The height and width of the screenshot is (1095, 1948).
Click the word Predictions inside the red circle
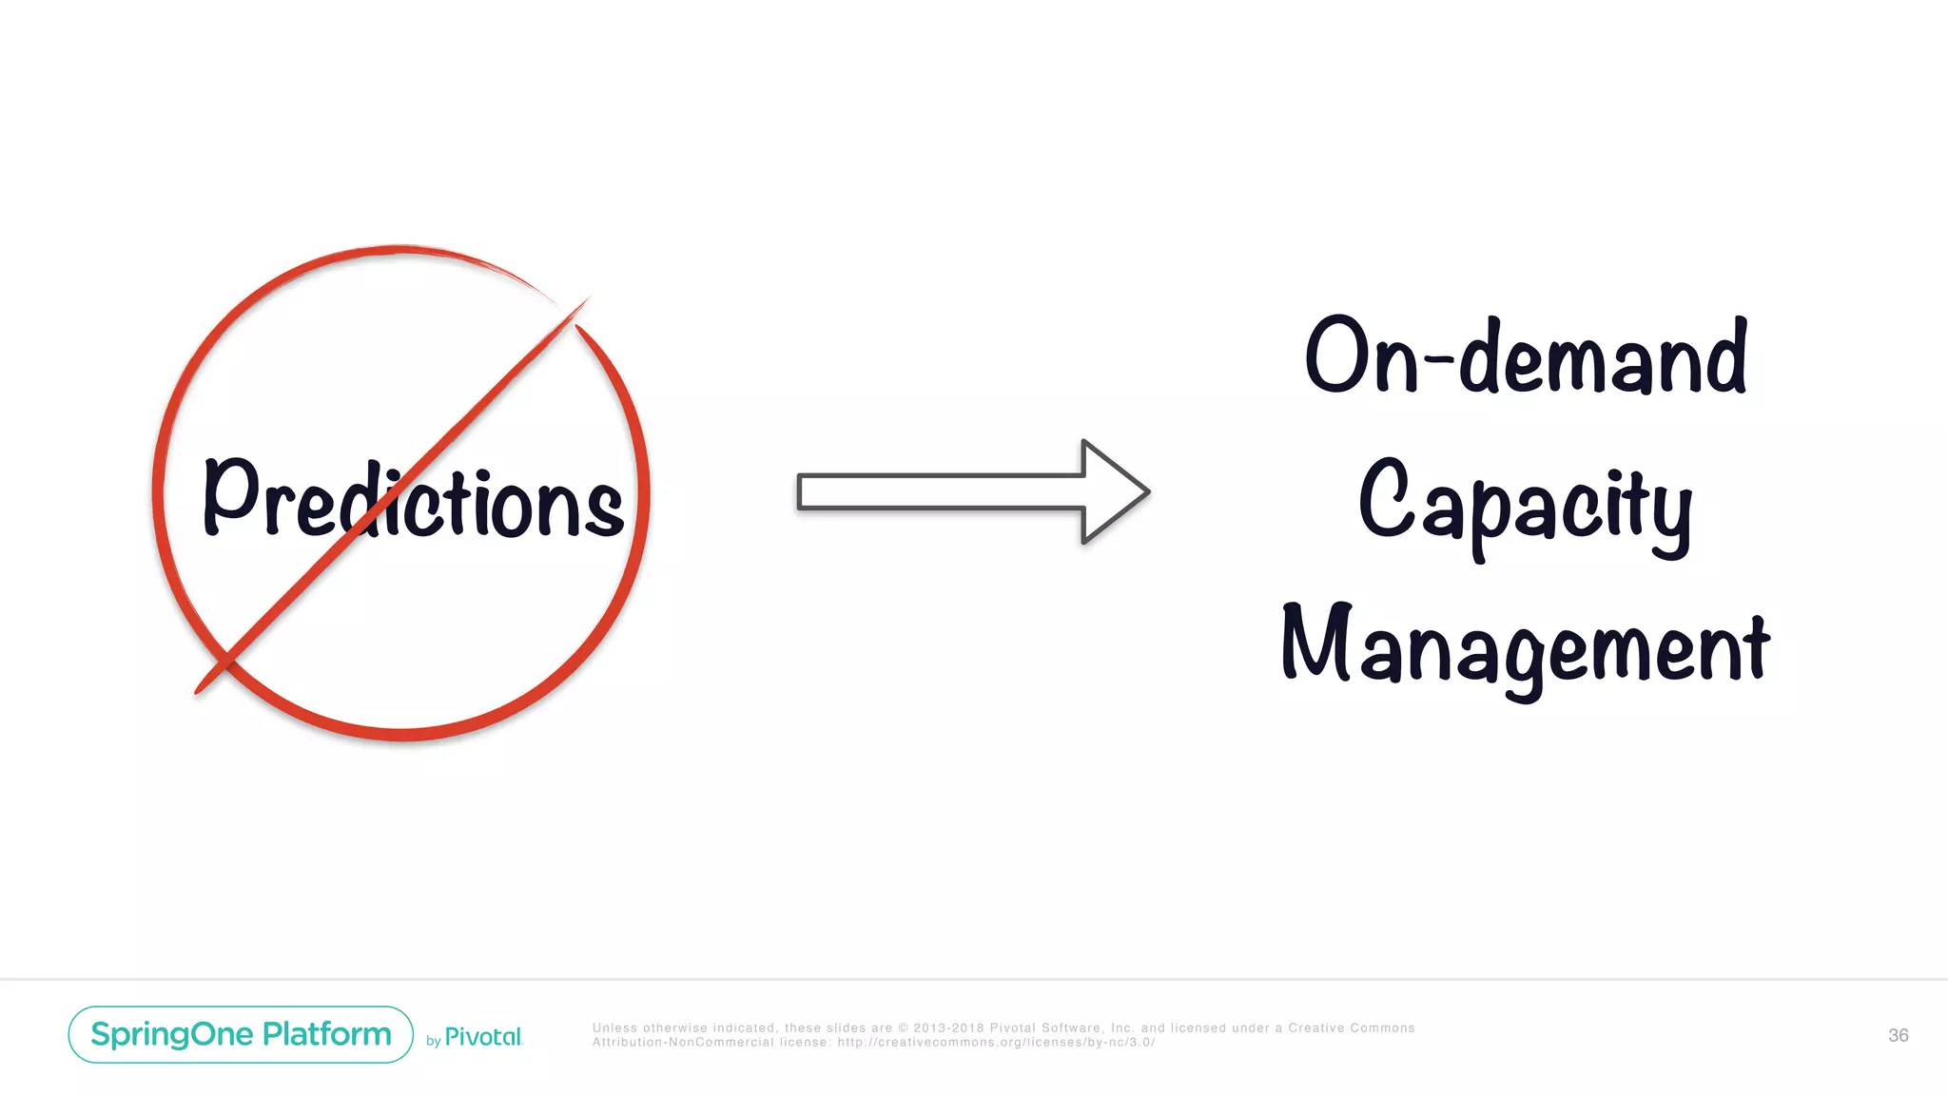413,499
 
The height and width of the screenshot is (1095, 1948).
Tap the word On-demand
1526,356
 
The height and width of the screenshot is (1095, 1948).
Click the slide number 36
1898,1035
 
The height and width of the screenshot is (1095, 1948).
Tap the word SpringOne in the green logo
171,1034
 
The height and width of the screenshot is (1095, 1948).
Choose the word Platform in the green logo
327,1034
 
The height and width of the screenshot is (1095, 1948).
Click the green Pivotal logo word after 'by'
483,1037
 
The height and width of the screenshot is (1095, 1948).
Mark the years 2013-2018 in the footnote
948,1028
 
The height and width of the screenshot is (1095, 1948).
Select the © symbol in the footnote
904,1028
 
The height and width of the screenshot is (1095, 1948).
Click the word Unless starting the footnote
614,1028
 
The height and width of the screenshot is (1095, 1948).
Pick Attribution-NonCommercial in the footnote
683,1043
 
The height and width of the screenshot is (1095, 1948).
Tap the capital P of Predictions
231,494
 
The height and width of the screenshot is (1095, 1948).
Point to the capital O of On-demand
1337,355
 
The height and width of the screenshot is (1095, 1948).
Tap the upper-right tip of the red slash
588,298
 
